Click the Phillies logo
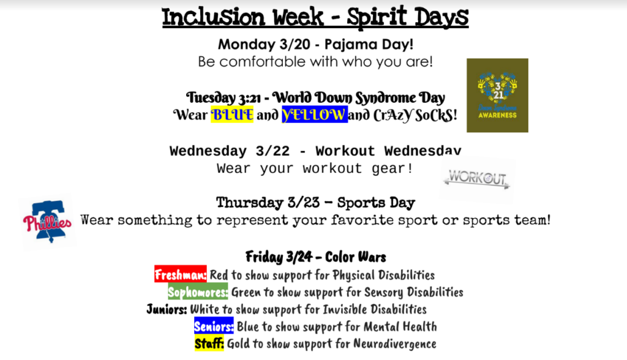click(47, 221)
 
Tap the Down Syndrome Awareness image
click(497, 95)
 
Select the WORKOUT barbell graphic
click(476, 178)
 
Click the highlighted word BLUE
click(232, 115)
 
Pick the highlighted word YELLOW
click(315, 115)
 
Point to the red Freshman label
click(181, 274)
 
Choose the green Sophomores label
click(198, 292)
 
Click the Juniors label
click(167, 309)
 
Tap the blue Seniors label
click(214, 326)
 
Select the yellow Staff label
click(209, 343)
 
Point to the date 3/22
click(272, 151)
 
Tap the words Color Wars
click(356, 257)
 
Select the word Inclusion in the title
click(214, 18)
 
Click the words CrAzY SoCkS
click(415, 115)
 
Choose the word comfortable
click(263, 62)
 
